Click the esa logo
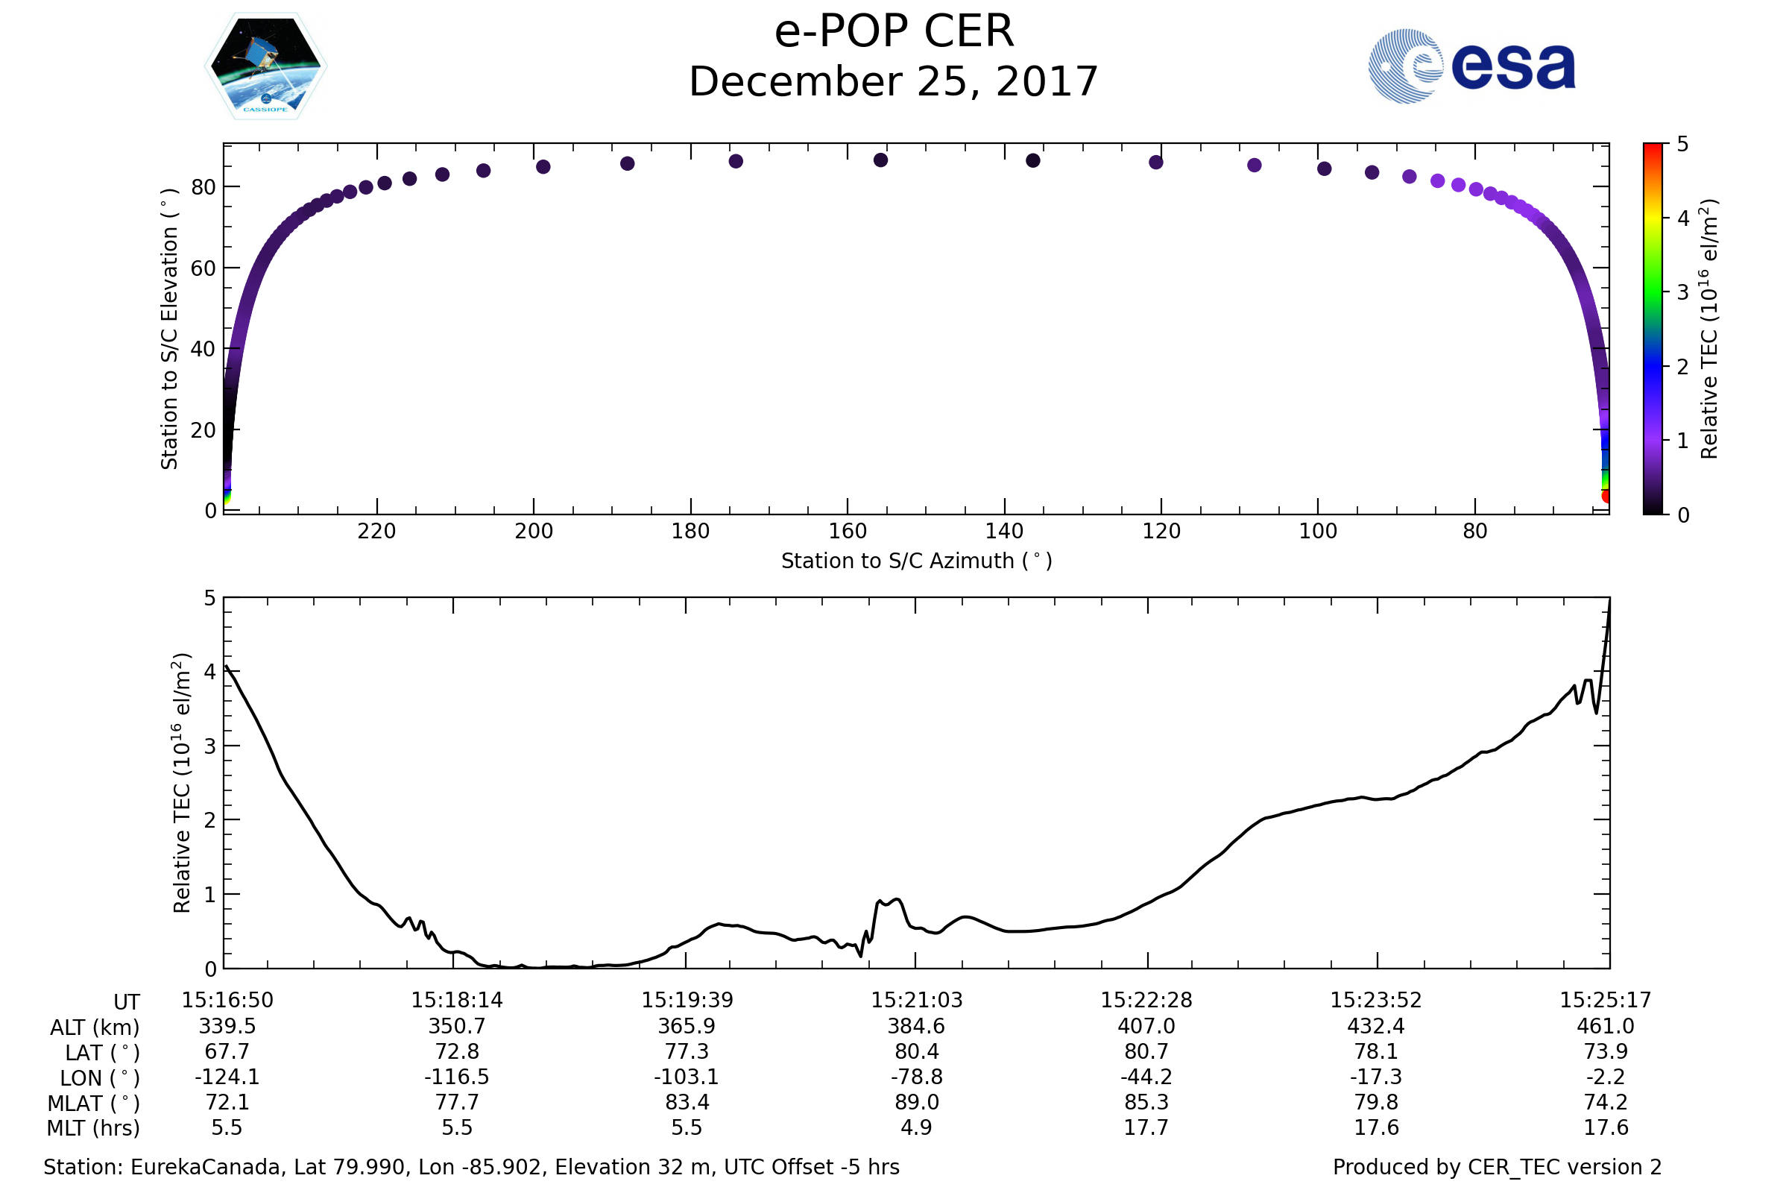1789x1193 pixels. tap(1471, 66)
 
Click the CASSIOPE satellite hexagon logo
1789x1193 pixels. tap(265, 66)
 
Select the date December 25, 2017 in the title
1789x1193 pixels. tap(894, 82)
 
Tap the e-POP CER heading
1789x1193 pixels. tap(894, 32)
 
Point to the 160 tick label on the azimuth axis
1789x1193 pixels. tap(848, 531)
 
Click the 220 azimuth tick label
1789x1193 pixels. tap(376, 531)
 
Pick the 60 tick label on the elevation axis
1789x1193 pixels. tap(203, 268)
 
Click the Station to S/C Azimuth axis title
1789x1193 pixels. tap(917, 561)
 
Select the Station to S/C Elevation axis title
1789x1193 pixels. tap(170, 329)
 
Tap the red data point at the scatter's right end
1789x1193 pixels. tap(1606, 496)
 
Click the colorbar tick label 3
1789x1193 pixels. tap(1683, 293)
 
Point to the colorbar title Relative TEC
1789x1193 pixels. tap(1708, 329)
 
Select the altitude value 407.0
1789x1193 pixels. tap(1146, 1027)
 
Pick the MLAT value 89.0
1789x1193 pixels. tap(917, 1103)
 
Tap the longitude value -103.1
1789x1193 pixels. tap(686, 1077)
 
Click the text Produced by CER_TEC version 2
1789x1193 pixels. tap(1497, 1168)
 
